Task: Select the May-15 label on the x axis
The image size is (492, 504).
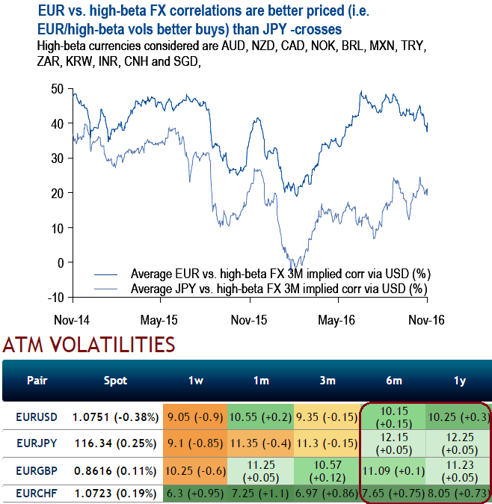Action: click(159, 320)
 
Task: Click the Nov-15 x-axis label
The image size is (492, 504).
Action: click(249, 320)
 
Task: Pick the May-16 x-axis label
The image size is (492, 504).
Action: click(337, 320)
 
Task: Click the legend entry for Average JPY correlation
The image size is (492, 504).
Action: click(279, 288)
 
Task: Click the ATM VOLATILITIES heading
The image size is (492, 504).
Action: click(89, 345)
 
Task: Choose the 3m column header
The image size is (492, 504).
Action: click(328, 381)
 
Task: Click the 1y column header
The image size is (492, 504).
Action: click(460, 381)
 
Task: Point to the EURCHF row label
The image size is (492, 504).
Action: click(37, 494)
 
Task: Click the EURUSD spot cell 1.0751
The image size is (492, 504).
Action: click(115, 414)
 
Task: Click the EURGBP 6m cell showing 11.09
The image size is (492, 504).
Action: click(393, 470)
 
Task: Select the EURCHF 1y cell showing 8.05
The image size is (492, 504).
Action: click(458, 494)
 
